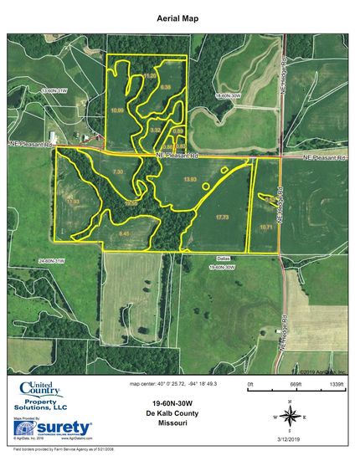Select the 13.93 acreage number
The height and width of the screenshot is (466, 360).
point(190,180)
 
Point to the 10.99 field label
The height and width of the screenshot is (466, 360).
point(117,110)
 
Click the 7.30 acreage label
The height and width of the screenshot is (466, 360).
point(118,171)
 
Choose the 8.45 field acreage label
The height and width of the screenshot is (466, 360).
point(126,233)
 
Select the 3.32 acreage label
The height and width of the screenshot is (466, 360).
point(155,130)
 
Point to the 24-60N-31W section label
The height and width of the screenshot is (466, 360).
point(53,261)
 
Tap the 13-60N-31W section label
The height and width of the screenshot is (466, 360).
point(54,89)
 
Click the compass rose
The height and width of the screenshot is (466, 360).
point(288,416)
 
